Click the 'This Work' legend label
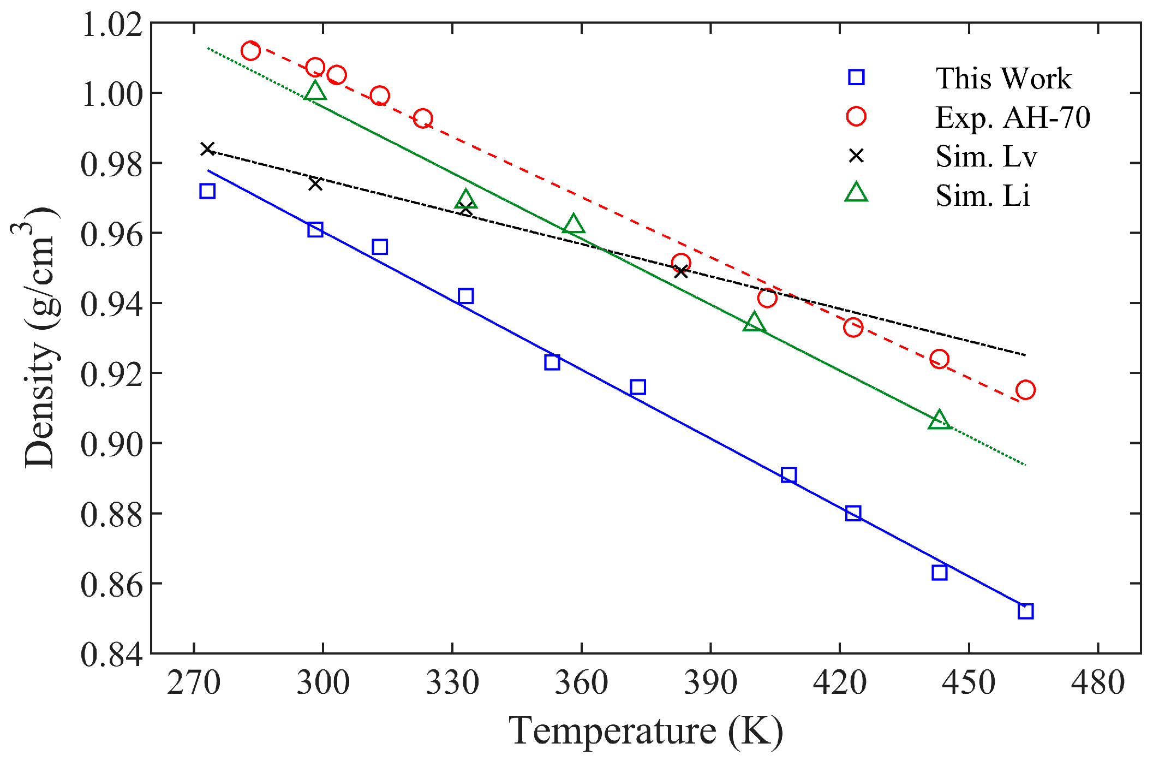(x=1003, y=79)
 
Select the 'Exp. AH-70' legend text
(x=1012, y=117)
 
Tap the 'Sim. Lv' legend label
(x=985, y=157)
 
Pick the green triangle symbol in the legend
(x=856, y=193)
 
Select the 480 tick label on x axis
(x=1097, y=682)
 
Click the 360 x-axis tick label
(x=581, y=682)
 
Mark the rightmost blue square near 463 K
(x=1025, y=611)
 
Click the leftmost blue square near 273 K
(x=207, y=191)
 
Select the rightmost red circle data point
(x=1025, y=390)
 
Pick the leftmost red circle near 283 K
(x=250, y=51)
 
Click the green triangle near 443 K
(x=939, y=420)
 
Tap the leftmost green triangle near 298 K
(x=315, y=91)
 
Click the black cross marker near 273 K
(x=207, y=149)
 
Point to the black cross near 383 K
(x=680, y=271)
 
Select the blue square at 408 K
(x=788, y=475)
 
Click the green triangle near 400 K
(x=754, y=323)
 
